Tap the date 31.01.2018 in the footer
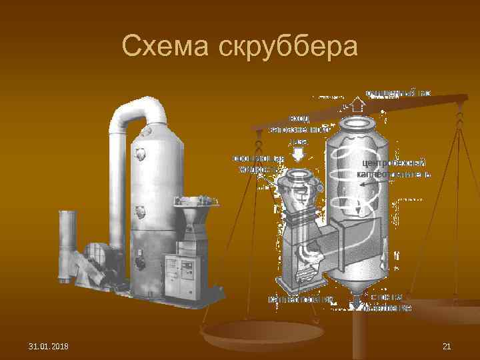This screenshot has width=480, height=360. [53, 346]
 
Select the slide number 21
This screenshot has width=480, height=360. [447, 346]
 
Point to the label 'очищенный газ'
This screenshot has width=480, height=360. [398, 93]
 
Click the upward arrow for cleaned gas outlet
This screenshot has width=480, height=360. [357, 104]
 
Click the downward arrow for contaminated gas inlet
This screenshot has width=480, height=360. [298, 153]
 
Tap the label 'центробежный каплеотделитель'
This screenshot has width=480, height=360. [393, 168]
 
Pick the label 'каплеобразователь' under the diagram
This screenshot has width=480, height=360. [300, 299]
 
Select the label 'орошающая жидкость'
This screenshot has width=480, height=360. [257, 163]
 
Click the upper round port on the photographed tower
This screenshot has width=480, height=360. [141, 154]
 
